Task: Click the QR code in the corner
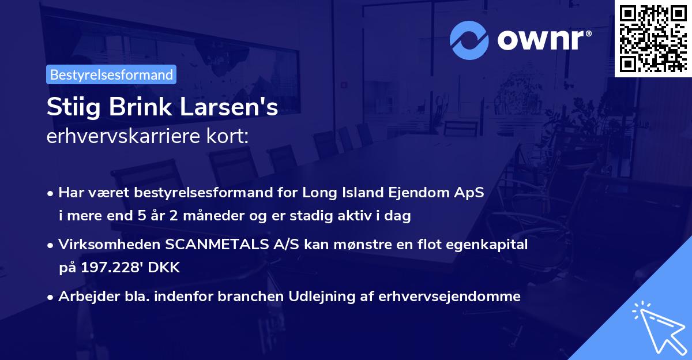653,38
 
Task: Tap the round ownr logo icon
469,40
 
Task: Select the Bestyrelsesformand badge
111,74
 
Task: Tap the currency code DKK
167,268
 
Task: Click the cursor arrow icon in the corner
659,326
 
